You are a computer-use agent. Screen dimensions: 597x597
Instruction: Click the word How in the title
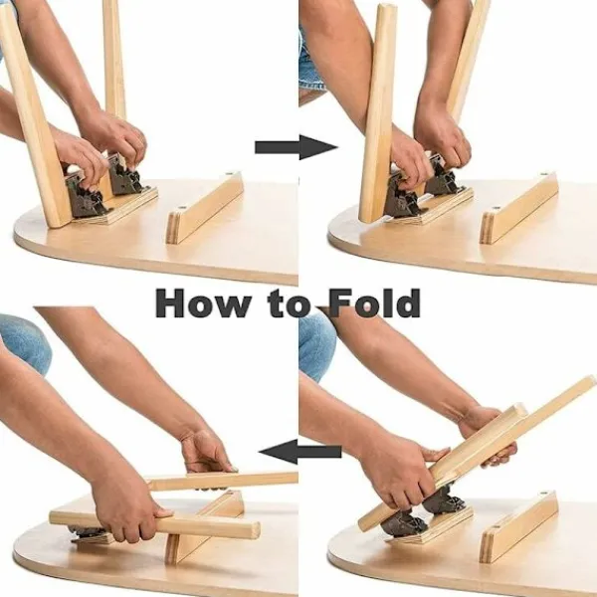pos(202,302)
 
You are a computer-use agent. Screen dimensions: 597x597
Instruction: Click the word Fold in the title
pos(375,302)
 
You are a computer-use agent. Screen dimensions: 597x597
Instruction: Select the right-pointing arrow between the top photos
pos(297,147)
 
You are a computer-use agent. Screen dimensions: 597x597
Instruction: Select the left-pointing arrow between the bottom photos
pos(300,452)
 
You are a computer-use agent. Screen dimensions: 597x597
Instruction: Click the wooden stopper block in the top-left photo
pos(205,208)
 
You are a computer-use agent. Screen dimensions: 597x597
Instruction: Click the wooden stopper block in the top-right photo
pos(519,208)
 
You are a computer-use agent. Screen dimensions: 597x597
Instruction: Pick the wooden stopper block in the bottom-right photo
pos(518,527)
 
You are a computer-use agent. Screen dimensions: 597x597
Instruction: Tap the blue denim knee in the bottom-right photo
pos(316,344)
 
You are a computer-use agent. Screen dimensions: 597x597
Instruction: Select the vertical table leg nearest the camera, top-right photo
pos(378,114)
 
